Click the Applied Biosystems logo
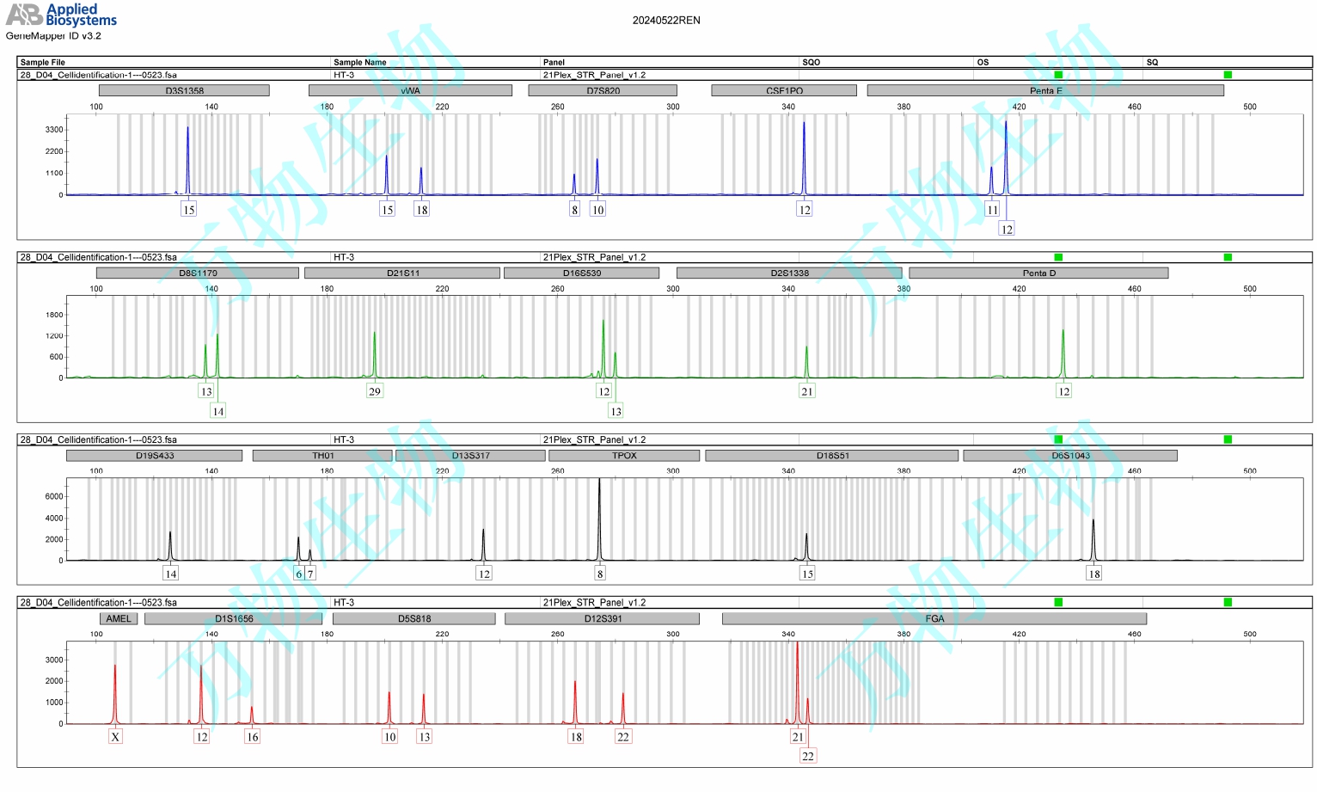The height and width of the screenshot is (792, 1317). coord(61,15)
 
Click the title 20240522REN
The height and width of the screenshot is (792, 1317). coord(666,21)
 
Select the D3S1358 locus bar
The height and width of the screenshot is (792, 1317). coord(184,90)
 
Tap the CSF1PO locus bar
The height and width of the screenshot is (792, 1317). coord(784,90)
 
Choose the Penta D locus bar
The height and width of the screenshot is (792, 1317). coord(1038,273)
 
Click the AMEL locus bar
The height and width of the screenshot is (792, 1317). coord(119,618)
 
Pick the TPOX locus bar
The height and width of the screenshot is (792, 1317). coord(624,456)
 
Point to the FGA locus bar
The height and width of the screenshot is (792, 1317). coord(934,618)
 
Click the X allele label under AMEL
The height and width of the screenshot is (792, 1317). coord(115,737)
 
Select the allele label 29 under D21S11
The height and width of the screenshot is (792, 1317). coord(374,391)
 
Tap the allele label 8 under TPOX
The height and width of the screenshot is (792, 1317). coord(600,574)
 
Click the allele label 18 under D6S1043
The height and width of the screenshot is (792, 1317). coord(1093,574)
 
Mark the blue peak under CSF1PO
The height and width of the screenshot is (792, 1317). coord(804,159)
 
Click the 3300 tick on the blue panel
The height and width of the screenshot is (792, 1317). coord(54,130)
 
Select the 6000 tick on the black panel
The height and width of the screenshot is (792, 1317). coord(54,497)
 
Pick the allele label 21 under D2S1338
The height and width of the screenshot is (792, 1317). coord(806,391)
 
